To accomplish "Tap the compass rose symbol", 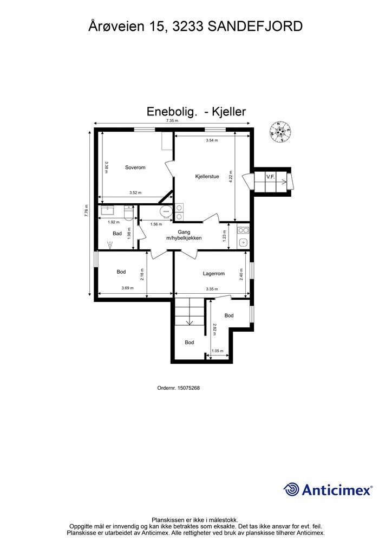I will tap(280, 132).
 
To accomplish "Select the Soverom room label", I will tap(135, 167).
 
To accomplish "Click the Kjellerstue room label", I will tap(207, 176).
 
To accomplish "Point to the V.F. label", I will tap(271, 177).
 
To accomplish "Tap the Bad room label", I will tap(117, 234).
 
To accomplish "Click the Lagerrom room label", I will tap(214, 274).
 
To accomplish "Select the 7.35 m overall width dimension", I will tap(172, 120).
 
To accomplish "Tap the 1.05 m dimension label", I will tap(217, 351).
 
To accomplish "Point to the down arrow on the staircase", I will tap(190, 322).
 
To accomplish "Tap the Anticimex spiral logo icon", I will tap(291, 489).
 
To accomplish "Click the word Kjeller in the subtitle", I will tap(230, 112).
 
